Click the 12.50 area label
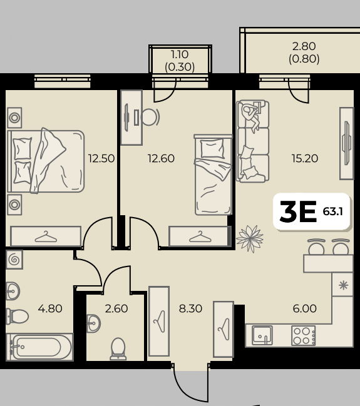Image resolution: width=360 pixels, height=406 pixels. click(x=101, y=158)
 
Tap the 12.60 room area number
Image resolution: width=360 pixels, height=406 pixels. click(x=161, y=158)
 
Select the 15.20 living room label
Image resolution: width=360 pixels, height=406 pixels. click(x=305, y=158)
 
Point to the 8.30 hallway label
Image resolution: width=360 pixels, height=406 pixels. click(x=190, y=308)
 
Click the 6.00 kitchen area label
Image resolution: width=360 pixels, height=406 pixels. click(x=304, y=308)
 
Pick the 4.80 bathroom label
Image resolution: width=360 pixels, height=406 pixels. click(x=50, y=308)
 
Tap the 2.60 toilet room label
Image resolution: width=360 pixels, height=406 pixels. click(x=116, y=308)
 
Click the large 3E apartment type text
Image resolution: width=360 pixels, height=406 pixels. click(x=298, y=211)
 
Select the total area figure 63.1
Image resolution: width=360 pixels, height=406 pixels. click(x=333, y=211)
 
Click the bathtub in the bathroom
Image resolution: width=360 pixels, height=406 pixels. click(x=39, y=347)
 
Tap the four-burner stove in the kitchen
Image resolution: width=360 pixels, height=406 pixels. click(x=303, y=335)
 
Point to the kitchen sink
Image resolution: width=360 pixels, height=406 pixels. click(x=262, y=335)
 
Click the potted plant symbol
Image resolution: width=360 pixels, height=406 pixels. click(x=250, y=238)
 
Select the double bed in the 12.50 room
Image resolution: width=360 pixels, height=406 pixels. click(x=46, y=161)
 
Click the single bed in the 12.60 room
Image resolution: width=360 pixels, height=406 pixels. click(x=213, y=175)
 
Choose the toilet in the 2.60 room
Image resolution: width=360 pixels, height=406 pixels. click(x=118, y=349)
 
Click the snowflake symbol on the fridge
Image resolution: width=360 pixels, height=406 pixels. click(x=343, y=285)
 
